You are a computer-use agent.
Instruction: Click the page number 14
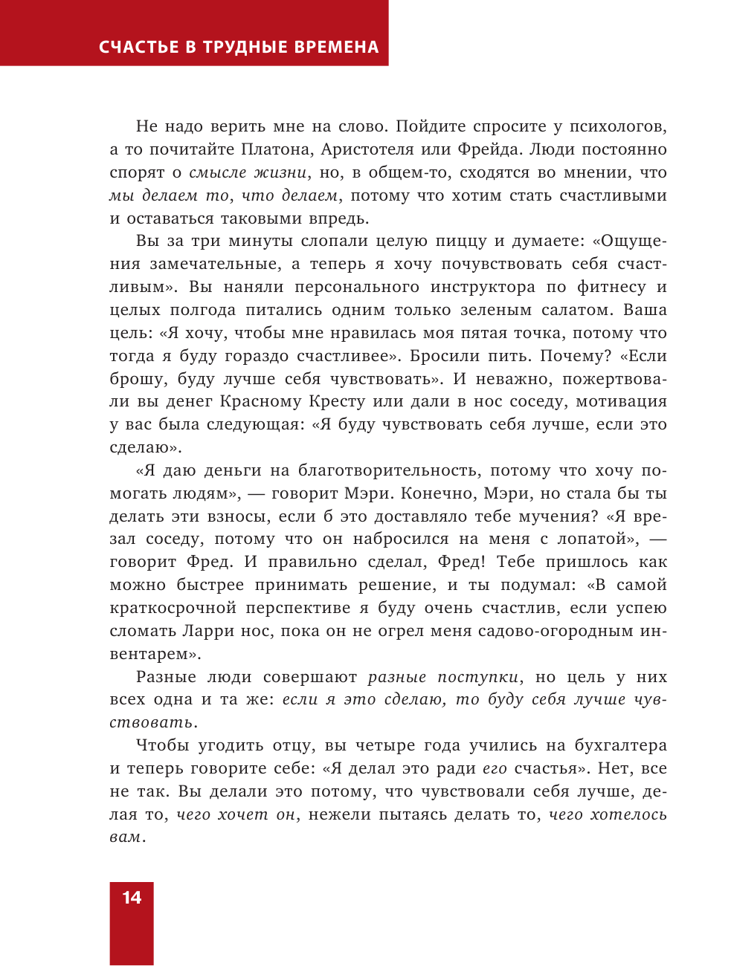132,898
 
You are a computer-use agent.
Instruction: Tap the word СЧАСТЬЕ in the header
138,48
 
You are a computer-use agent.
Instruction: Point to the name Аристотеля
367,149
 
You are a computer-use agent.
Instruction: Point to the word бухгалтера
620,745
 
